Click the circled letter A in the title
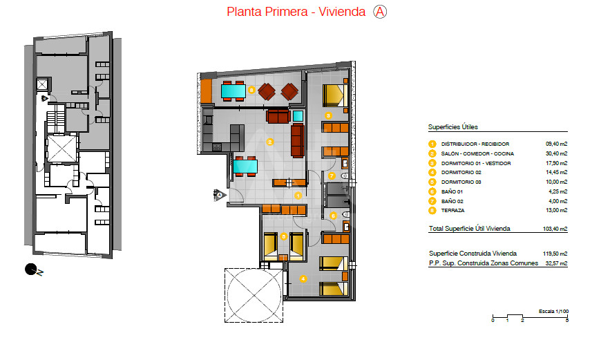(380, 12)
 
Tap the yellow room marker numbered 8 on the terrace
(251, 91)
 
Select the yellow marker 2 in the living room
(269, 142)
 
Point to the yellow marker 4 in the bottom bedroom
(303, 278)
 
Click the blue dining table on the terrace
(233, 91)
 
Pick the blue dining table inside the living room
(245, 167)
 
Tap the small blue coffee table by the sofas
(298, 116)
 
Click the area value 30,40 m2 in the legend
(556, 153)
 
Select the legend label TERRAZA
(452, 211)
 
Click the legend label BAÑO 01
(452, 192)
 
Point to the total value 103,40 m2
(555, 229)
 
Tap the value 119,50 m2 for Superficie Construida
(555, 254)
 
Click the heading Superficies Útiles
(452, 127)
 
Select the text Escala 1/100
(553, 312)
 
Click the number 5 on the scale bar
(567, 321)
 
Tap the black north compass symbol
(30, 269)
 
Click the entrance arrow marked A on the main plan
(220, 195)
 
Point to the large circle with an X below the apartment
(254, 296)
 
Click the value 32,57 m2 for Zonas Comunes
(556, 263)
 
